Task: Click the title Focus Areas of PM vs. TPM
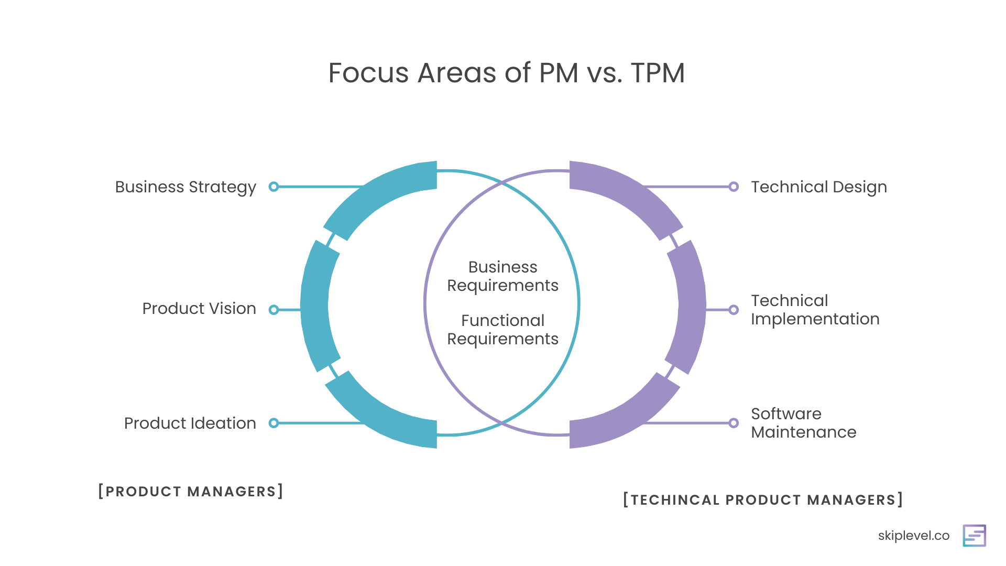(506, 73)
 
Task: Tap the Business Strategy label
(185, 187)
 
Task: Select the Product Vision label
(199, 309)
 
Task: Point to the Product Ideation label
(190, 423)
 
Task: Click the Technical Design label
(819, 187)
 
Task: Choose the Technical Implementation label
(815, 310)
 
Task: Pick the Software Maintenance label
(804, 423)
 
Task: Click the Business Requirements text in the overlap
(503, 276)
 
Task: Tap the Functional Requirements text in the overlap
(503, 330)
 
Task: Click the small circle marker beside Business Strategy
(274, 187)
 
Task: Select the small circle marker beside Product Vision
(274, 310)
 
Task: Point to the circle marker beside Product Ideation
(274, 423)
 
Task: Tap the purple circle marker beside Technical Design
(734, 187)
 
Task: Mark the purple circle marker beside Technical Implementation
(734, 310)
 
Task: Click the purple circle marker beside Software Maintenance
(734, 423)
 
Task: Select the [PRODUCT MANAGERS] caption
(191, 492)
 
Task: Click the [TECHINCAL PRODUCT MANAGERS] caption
(763, 500)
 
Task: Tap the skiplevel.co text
(914, 536)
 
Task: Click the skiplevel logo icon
(975, 536)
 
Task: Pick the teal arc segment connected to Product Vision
(315, 306)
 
